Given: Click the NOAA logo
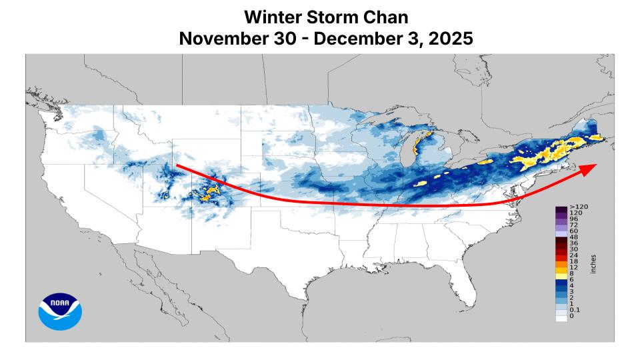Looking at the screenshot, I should point(60,311).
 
